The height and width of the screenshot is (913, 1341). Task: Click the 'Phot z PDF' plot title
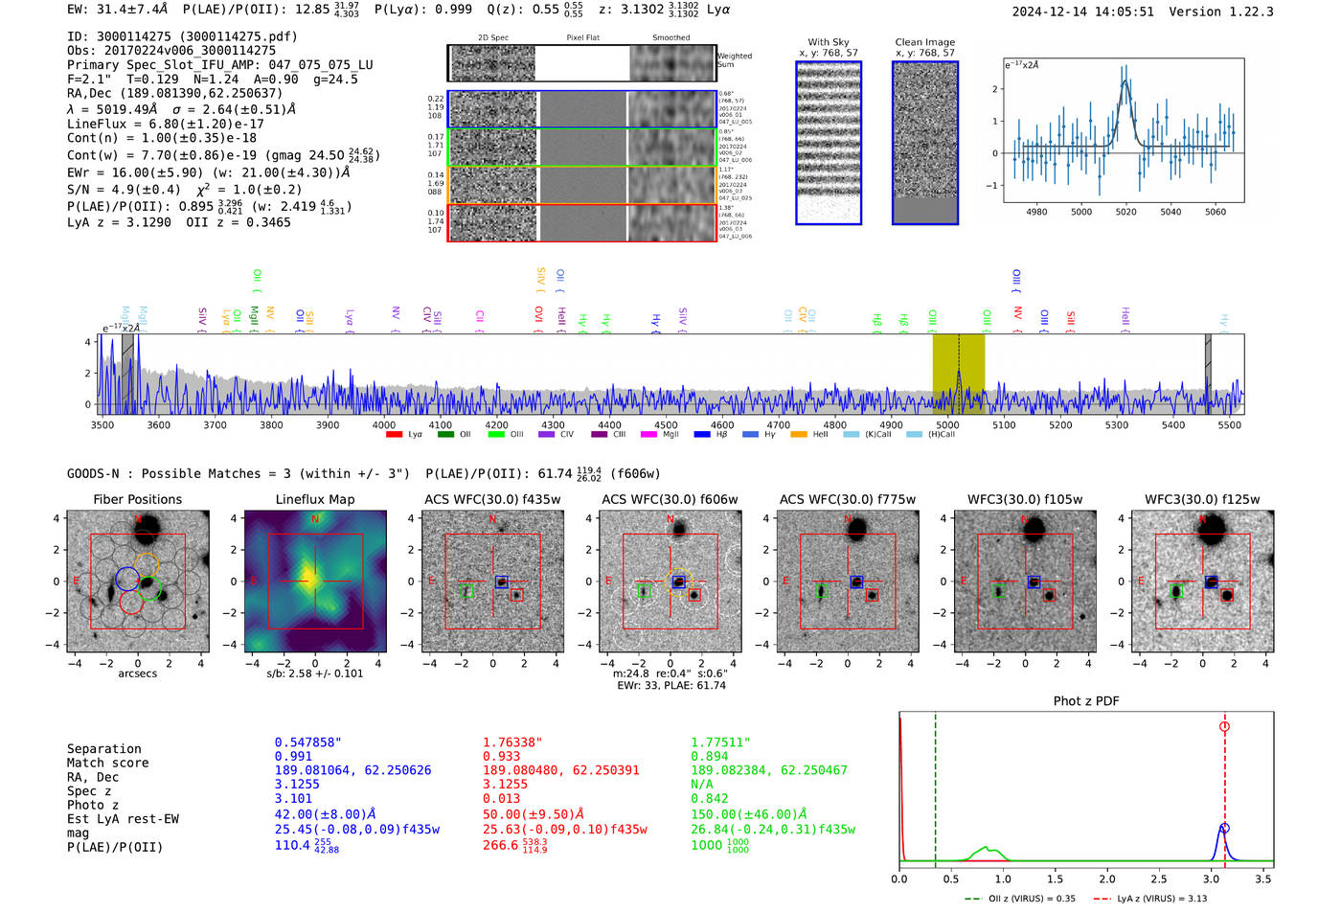(x=1085, y=701)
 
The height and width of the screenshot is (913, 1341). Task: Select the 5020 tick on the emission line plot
(x=1125, y=212)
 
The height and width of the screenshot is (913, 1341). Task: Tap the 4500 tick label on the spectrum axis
(x=666, y=425)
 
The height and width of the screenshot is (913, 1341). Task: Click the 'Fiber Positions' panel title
(x=137, y=499)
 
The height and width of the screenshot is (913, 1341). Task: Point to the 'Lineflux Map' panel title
(x=314, y=499)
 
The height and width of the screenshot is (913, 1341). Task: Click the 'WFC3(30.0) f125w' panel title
(x=1202, y=499)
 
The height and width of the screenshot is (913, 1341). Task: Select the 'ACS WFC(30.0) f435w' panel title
(x=492, y=499)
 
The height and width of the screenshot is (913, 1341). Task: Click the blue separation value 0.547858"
(x=307, y=742)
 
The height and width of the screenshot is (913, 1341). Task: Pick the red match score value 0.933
(x=501, y=757)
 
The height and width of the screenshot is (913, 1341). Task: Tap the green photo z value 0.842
(x=709, y=799)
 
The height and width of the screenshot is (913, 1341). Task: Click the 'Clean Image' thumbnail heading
(x=924, y=42)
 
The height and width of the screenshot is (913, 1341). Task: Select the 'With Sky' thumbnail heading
(x=828, y=42)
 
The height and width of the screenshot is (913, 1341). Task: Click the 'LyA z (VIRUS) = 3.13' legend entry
(x=1161, y=899)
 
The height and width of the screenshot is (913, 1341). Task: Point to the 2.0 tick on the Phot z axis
(x=1106, y=879)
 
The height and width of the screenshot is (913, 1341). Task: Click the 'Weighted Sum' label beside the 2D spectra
(x=734, y=60)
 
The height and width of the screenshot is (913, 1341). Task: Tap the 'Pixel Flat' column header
(x=582, y=38)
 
